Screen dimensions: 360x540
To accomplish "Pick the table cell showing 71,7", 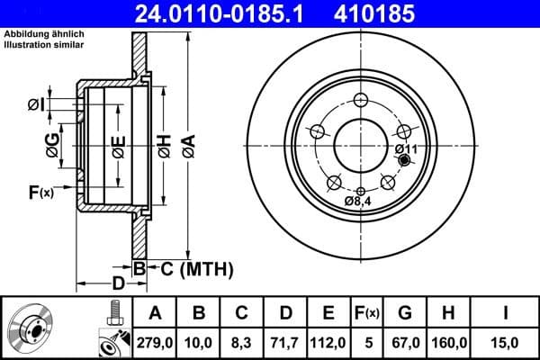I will tap(286, 341).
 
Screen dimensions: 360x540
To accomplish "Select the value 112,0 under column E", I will tap(329, 341).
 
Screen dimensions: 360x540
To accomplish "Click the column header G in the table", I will tap(406, 312).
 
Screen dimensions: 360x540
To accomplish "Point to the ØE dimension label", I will tap(119, 145).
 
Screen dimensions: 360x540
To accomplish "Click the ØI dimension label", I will tap(34, 105).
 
